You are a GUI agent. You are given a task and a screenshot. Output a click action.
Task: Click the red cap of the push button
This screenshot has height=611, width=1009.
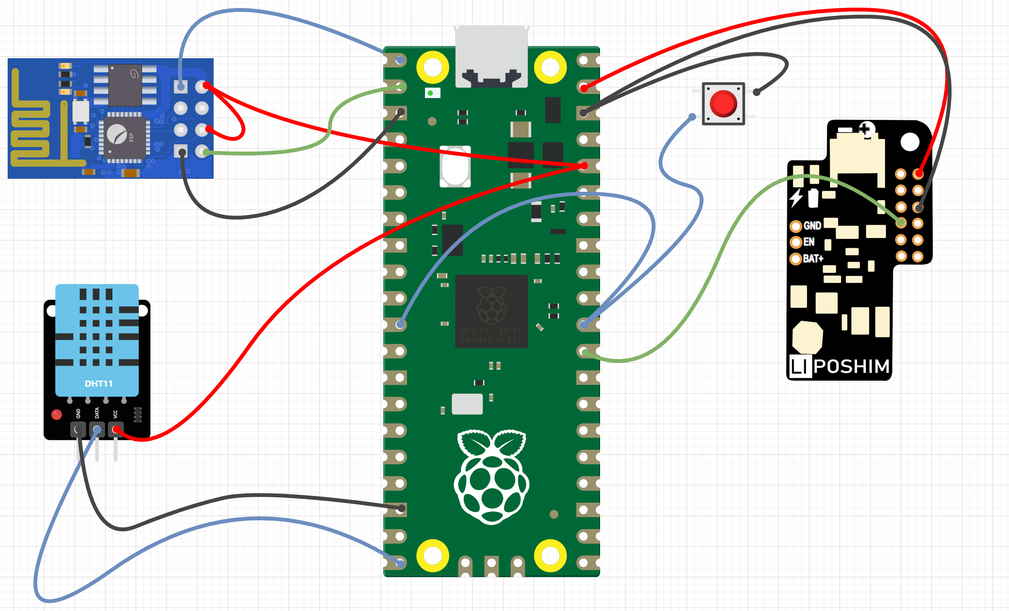[x=723, y=104]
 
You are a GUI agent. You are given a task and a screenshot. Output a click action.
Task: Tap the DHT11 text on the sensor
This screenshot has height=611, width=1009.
[x=99, y=384]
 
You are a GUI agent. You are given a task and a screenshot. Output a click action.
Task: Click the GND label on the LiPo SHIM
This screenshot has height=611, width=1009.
[x=812, y=226]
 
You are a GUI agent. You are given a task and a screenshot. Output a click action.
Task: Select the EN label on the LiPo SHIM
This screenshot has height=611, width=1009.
[x=809, y=242]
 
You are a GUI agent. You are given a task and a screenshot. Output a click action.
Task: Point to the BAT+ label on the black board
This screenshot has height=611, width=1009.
[x=813, y=258]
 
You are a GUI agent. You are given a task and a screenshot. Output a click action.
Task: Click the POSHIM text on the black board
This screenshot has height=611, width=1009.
[x=852, y=366]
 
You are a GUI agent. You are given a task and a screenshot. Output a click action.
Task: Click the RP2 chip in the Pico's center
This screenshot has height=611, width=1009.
[x=491, y=312]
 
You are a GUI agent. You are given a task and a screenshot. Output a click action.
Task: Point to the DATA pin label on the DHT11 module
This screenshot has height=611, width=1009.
[x=97, y=413]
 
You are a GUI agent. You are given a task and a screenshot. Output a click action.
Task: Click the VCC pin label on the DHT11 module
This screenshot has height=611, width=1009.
[x=116, y=414]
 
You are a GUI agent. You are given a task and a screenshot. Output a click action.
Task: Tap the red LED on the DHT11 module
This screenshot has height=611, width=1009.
[x=57, y=415]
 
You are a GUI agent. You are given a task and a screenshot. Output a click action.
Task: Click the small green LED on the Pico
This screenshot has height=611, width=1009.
[x=430, y=93]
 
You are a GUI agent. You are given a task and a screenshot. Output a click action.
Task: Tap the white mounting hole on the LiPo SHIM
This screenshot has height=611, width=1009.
[x=910, y=142]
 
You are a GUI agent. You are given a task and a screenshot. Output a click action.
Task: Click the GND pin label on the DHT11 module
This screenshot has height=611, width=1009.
[x=78, y=413]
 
